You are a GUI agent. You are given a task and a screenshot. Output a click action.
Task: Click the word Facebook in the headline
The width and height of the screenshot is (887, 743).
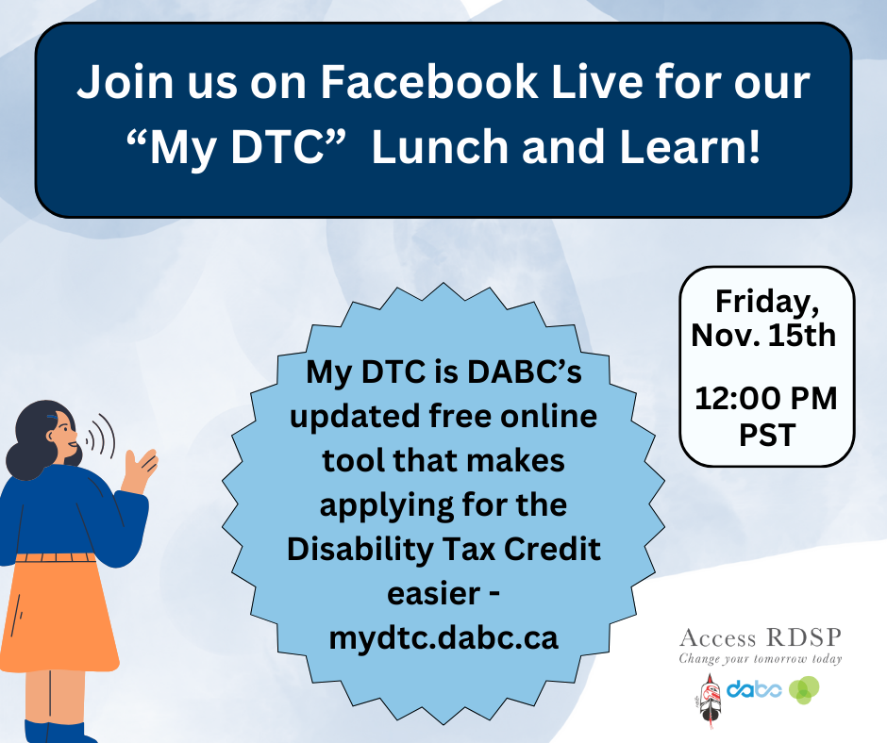coord(429,82)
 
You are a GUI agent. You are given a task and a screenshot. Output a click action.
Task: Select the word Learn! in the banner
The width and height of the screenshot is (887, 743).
coord(690,147)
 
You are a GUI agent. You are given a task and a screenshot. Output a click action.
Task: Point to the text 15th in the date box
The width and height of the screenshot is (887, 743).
coord(802,336)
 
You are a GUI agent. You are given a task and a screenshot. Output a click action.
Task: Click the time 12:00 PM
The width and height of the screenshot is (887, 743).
coord(766,399)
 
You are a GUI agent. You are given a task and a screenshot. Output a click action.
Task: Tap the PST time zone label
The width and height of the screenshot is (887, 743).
coord(767,435)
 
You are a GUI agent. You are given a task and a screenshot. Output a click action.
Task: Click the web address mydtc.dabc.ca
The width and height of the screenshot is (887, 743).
coord(443,638)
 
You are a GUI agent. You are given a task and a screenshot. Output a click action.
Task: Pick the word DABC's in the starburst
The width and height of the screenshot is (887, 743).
coord(524,372)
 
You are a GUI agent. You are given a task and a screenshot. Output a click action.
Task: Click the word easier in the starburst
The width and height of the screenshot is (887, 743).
coord(434,594)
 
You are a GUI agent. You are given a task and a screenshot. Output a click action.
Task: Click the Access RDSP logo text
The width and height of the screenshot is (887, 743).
coord(761,637)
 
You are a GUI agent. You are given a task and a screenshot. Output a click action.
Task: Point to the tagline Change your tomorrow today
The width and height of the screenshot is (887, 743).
coord(761,658)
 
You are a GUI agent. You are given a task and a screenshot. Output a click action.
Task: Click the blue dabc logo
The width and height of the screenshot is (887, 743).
coord(754,689)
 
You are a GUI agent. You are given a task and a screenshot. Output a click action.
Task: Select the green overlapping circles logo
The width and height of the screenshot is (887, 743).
coord(804,690)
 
